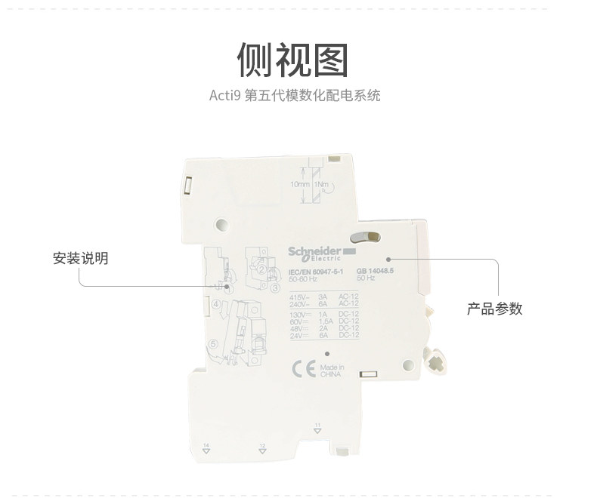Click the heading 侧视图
coord(292,60)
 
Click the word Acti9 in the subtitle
coord(225,97)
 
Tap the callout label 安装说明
coord(81,259)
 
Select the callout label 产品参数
coord(494,309)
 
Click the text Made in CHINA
coord(331,370)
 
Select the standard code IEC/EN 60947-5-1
coord(316,272)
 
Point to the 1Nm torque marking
coord(321,184)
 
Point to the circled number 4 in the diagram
coord(216,304)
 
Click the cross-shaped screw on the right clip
coord(436,363)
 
